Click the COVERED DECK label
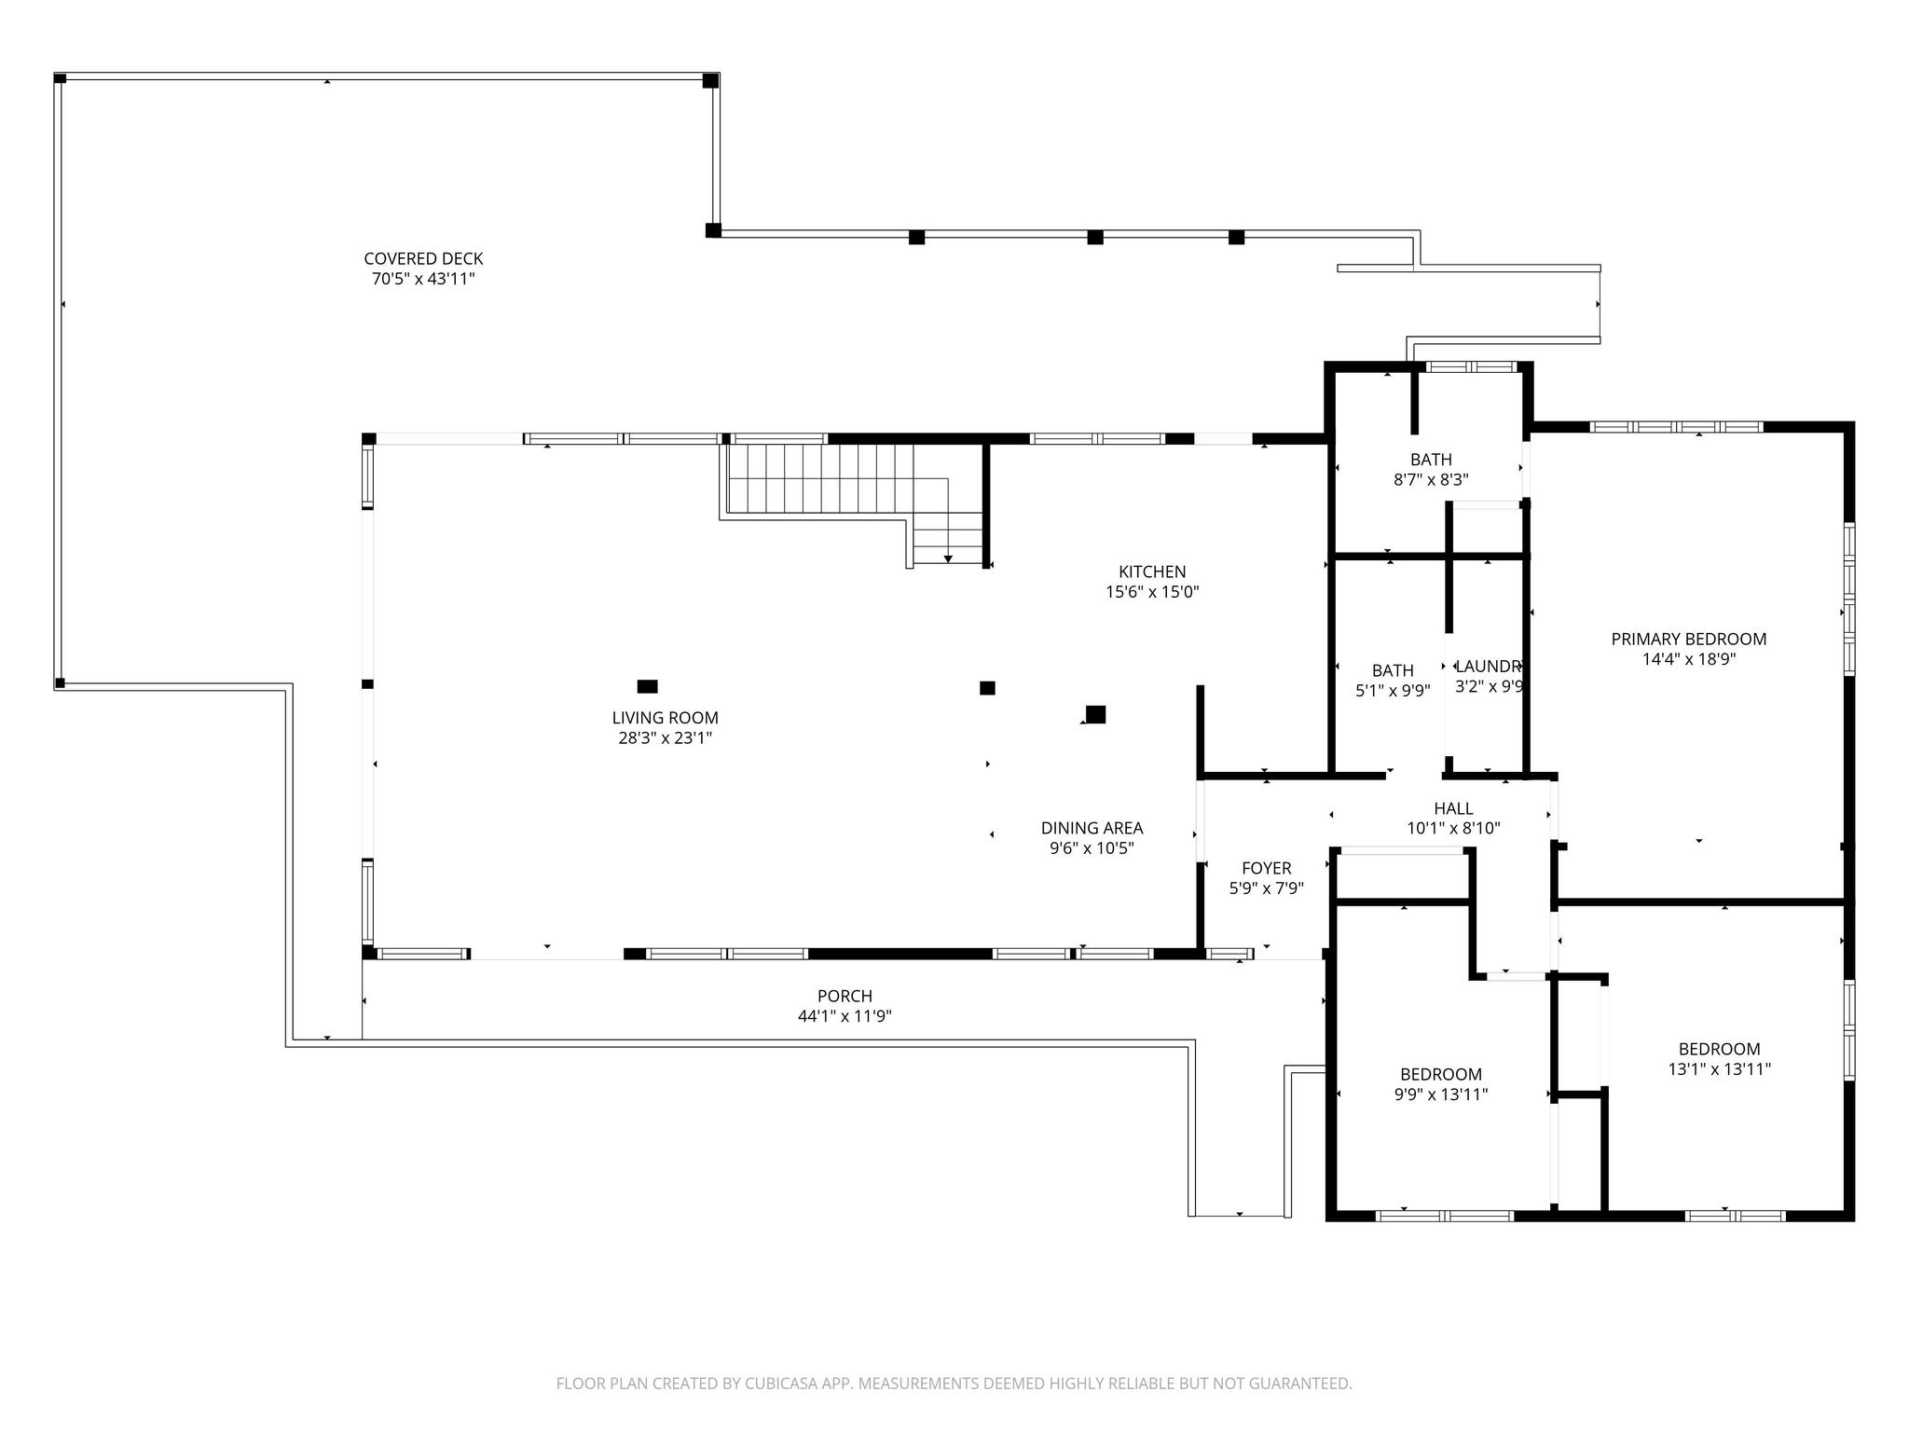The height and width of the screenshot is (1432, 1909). click(x=423, y=258)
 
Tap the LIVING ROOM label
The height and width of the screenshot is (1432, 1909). click(x=665, y=718)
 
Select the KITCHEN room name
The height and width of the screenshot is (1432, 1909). click(x=1152, y=571)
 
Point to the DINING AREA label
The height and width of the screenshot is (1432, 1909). click(x=1092, y=828)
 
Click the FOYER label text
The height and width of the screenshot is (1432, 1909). click(x=1266, y=869)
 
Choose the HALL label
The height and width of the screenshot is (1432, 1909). click(x=1453, y=808)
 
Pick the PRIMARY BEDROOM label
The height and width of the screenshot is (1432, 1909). click(x=1689, y=639)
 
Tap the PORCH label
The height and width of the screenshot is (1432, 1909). click(x=845, y=996)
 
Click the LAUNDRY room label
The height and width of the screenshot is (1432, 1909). click(x=1489, y=667)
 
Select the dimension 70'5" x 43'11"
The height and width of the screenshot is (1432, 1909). click(x=423, y=279)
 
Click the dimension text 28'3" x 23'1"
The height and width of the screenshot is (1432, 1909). click(x=665, y=738)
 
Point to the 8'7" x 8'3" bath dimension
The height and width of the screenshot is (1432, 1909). click(x=1430, y=480)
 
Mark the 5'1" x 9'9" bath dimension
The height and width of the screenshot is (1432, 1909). click(x=1393, y=691)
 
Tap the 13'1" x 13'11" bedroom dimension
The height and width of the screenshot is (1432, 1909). click(x=1719, y=1069)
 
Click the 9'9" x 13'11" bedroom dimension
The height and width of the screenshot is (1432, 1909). click(x=1440, y=1095)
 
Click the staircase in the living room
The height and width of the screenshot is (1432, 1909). click(x=852, y=503)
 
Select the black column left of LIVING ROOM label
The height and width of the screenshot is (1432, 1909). click(x=647, y=687)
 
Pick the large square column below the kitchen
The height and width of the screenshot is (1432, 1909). click(x=1095, y=715)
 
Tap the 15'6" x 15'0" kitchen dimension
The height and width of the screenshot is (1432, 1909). click(x=1152, y=592)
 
